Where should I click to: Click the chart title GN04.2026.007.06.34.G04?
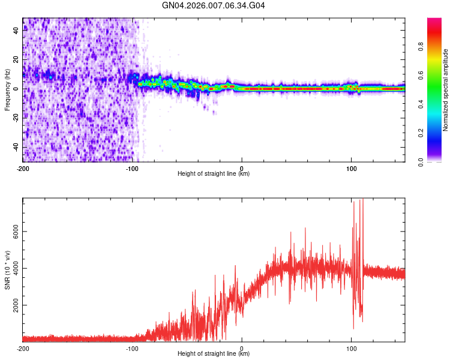point(214,5)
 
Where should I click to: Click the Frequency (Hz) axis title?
point(7,90)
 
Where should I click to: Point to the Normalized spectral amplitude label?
point(446,90)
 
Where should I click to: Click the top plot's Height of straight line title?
point(214,173)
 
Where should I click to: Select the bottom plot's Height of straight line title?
point(214,353)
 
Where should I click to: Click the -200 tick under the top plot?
point(23,168)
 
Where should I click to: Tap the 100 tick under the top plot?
point(351,168)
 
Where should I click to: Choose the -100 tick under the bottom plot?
point(132,348)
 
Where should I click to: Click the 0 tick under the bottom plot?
point(242,348)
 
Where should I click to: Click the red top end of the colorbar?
point(434,22)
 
